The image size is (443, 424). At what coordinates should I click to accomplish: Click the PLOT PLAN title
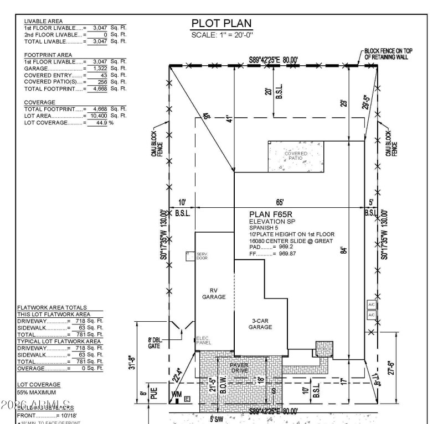click(221, 23)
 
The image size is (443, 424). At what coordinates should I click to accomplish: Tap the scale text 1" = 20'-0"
click(221, 34)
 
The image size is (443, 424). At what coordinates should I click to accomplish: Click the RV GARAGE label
click(214, 294)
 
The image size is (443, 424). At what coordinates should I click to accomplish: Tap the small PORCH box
click(324, 349)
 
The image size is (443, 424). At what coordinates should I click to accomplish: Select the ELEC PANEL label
click(204, 341)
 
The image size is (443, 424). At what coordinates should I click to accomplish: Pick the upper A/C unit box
click(372, 305)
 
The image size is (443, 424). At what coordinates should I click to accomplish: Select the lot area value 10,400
click(99, 116)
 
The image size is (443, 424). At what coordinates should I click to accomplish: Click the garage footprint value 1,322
click(99, 68)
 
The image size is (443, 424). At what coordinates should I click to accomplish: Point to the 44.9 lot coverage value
click(99, 122)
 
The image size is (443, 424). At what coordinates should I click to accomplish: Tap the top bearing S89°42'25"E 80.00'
click(273, 59)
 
